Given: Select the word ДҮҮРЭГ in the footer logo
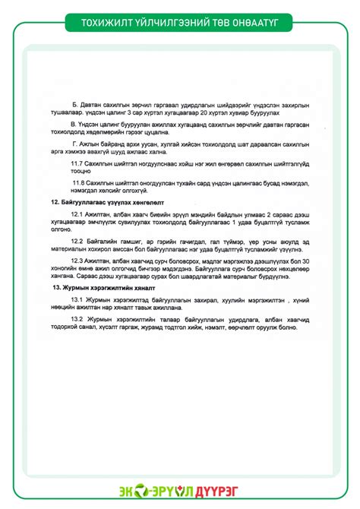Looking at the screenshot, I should tap(223, 491).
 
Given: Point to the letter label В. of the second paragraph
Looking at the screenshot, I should tap(73, 123).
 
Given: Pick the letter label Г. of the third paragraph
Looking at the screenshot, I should tap(73, 143).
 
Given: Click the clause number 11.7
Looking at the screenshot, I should tap(78, 163).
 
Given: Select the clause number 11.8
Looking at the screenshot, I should tap(80, 183).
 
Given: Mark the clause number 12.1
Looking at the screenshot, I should tap(78, 216).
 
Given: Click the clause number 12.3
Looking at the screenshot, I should tap(78, 261).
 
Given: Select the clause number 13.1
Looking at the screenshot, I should tap(78, 301).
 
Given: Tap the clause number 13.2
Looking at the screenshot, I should tap(78, 320).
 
